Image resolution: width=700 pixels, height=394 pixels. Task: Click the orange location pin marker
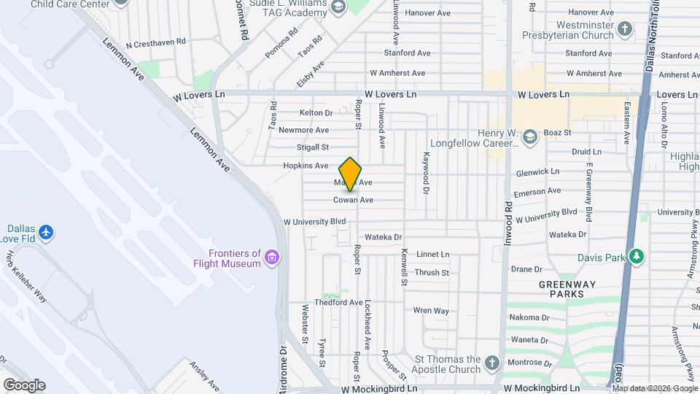(x=351, y=174)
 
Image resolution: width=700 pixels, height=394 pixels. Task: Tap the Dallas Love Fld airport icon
(x=47, y=232)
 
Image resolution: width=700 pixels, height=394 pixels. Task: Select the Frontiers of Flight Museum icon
(x=272, y=257)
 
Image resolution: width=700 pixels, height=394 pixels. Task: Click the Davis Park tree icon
(x=637, y=256)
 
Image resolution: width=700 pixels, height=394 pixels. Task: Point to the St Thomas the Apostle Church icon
(x=492, y=362)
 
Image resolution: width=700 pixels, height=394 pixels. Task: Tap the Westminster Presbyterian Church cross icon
(x=624, y=29)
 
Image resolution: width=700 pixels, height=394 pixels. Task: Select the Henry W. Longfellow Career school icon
(x=529, y=135)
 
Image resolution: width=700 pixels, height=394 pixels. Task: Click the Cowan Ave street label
(x=354, y=200)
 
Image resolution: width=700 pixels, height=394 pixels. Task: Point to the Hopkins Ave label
(x=306, y=166)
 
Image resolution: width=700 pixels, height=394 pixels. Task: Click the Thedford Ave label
(x=338, y=302)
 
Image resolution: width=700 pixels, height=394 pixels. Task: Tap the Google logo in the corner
(x=24, y=385)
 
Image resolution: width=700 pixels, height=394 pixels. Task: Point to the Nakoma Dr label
(x=529, y=317)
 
